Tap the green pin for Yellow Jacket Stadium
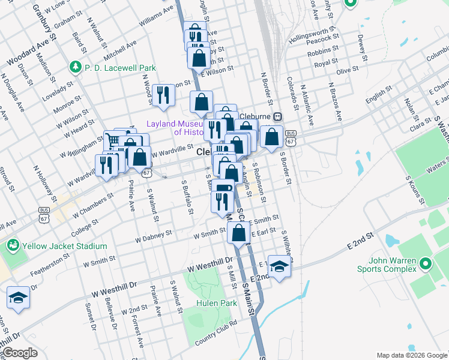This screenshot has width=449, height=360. (13, 245)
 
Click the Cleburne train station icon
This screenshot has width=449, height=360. (278, 116)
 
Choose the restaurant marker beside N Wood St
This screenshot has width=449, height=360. (163, 95)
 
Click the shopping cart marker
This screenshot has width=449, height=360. (112, 142)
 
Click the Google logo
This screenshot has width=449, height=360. (19, 353)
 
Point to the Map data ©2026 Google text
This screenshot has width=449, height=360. (411, 355)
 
